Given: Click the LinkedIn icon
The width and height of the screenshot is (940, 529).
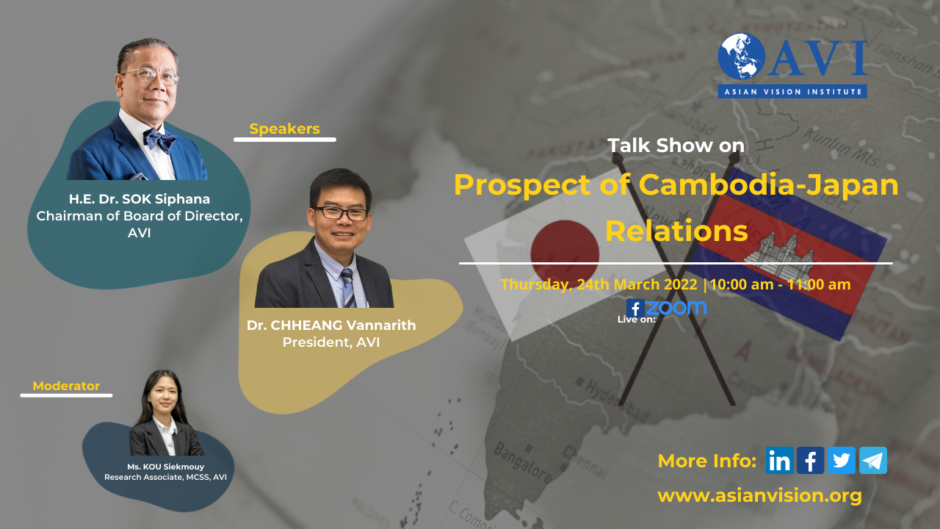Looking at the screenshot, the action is tap(779, 461).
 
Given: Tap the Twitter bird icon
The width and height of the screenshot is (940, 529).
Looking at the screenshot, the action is tap(842, 461).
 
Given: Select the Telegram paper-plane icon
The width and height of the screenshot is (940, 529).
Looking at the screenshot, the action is tap(873, 461).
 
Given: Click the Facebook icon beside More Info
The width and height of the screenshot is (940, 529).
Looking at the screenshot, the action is tap(810, 461).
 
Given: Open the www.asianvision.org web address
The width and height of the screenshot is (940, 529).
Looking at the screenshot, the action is tap(759, 496).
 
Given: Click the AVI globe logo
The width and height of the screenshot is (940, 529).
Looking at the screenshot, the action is tap(742, 57).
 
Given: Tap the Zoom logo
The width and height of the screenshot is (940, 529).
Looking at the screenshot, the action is tap(676, 308).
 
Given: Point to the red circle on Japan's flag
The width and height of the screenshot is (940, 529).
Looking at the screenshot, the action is tap(565, 253).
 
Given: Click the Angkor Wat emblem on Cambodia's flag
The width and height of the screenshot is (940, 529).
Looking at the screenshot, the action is tap(779, 254).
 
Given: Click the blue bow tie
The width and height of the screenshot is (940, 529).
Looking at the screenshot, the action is tap(159, 140).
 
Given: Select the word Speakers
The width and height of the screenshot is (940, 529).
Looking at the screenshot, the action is tap(284, 129).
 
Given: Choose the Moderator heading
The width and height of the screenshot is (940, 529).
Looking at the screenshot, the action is tap(66, 386).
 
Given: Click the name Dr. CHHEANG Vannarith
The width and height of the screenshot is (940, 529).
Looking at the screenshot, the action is tap(331, 325).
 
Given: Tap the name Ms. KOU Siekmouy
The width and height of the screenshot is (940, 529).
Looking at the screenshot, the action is tap(166, 467).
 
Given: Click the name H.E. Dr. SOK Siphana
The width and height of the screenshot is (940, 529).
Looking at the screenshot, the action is tap(140, 198).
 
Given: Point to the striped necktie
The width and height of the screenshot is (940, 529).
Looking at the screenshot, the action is tap(348, 288).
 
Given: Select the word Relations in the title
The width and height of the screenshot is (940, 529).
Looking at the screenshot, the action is tap(676, 231).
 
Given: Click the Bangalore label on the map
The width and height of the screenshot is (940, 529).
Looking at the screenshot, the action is tap(522, 463).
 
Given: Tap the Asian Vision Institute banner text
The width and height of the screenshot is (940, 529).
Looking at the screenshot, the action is tap(792, 92).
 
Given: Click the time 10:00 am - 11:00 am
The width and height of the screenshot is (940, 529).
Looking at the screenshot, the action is tap(780, 284).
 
